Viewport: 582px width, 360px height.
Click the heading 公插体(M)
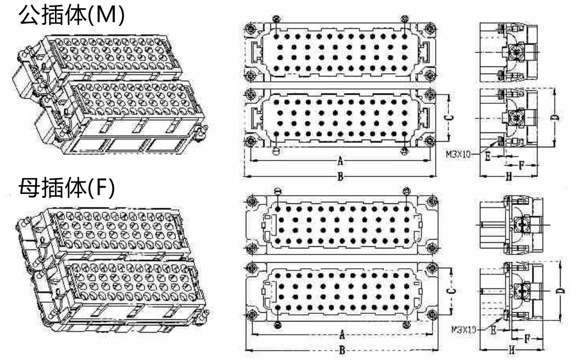pyautogui.click(x=71, y=15)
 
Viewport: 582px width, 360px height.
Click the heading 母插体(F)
pyautogui.click(x=67, y=188)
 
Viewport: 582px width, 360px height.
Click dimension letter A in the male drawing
pyautogui.click(x=340, y=160)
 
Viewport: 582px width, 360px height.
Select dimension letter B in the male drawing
pyautogui.click(x=340, y=176)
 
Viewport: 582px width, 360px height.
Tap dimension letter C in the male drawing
pyautogui.click(x=449, y=118)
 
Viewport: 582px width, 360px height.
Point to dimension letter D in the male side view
pyautogui.click(x=555, y=118)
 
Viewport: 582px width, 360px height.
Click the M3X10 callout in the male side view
pyautogui.click(x=458, y=154)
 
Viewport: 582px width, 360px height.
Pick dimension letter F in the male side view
pyautogui.click(x=521, y=165)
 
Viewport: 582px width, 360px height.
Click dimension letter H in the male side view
pyautogui.click(x=508, y=177)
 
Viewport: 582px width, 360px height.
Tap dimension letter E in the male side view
pyautogui.click(x=488, y=157)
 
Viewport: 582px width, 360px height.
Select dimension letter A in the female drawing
pyautogui.click(x=342, y=335)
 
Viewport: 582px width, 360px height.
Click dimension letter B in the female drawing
pyautogui.click(x=342, y=350)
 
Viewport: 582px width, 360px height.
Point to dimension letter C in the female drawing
pyautogui.click(x=451, y=291)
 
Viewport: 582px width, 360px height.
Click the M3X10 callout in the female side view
pyautogui.click(x=464, y=329)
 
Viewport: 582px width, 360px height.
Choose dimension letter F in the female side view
pyautogui.click(x=527, y=339)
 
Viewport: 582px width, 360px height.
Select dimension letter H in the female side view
pyautogui.click(x=512, y=350)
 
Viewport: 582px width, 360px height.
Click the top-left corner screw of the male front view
pyautogui.click(x=250, y=28)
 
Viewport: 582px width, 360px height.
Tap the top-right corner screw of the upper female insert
pyautogui.click(x=432, y=202)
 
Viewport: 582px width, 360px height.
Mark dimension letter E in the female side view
pyautogui.click(x=494, y=330)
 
